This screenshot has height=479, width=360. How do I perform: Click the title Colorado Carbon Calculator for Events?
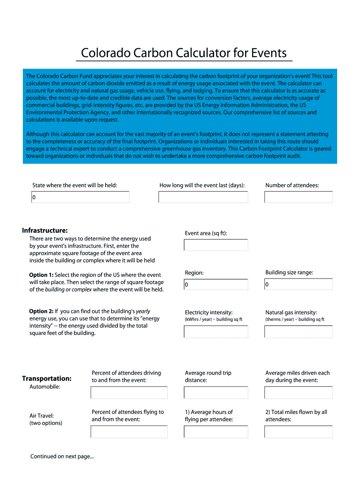point(184,53)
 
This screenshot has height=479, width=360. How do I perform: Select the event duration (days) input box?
point(203,197)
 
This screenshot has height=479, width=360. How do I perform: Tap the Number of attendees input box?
point(298,197)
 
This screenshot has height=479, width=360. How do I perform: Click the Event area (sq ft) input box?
point(216,245)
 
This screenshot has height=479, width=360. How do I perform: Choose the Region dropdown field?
point(216,284)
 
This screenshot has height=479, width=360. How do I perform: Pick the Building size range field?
point(298,284)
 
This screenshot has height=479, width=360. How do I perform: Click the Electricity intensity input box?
point(216,332)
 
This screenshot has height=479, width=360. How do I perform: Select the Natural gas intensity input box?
point(298,332)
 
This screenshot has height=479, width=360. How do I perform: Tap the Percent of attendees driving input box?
point(129,392)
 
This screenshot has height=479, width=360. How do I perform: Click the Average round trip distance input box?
point(216,392)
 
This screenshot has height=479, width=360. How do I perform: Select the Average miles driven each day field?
point(298,392)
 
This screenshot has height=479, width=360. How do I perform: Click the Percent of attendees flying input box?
point(129,432)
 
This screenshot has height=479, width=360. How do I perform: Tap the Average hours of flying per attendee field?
point(216,432)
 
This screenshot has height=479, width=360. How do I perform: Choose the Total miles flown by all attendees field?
point(298,432)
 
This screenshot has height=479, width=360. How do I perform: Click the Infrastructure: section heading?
point(45,231)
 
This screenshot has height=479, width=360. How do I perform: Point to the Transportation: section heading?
point(47,378)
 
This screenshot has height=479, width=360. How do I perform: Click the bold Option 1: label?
point(41,275)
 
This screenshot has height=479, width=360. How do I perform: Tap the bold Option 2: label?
point(41,311)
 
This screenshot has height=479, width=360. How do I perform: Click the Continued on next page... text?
point(62,457)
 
